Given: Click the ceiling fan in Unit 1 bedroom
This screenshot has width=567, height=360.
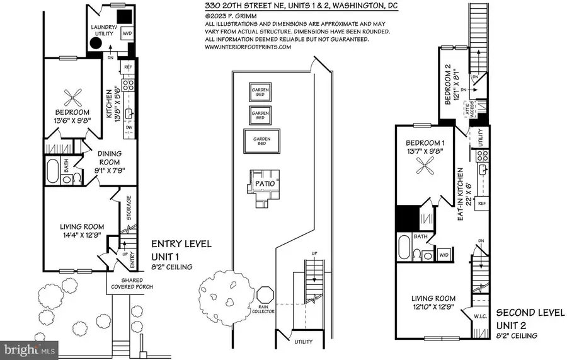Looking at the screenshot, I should tap(73, 96).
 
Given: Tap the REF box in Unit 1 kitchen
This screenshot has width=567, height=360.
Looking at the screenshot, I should tap(128, 67).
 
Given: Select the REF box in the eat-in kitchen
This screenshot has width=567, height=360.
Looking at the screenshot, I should tap(482, 204).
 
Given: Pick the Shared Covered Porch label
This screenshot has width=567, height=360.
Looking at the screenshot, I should tap(128, 284).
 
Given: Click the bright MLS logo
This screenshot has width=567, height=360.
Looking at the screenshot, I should tap(31, 347).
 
